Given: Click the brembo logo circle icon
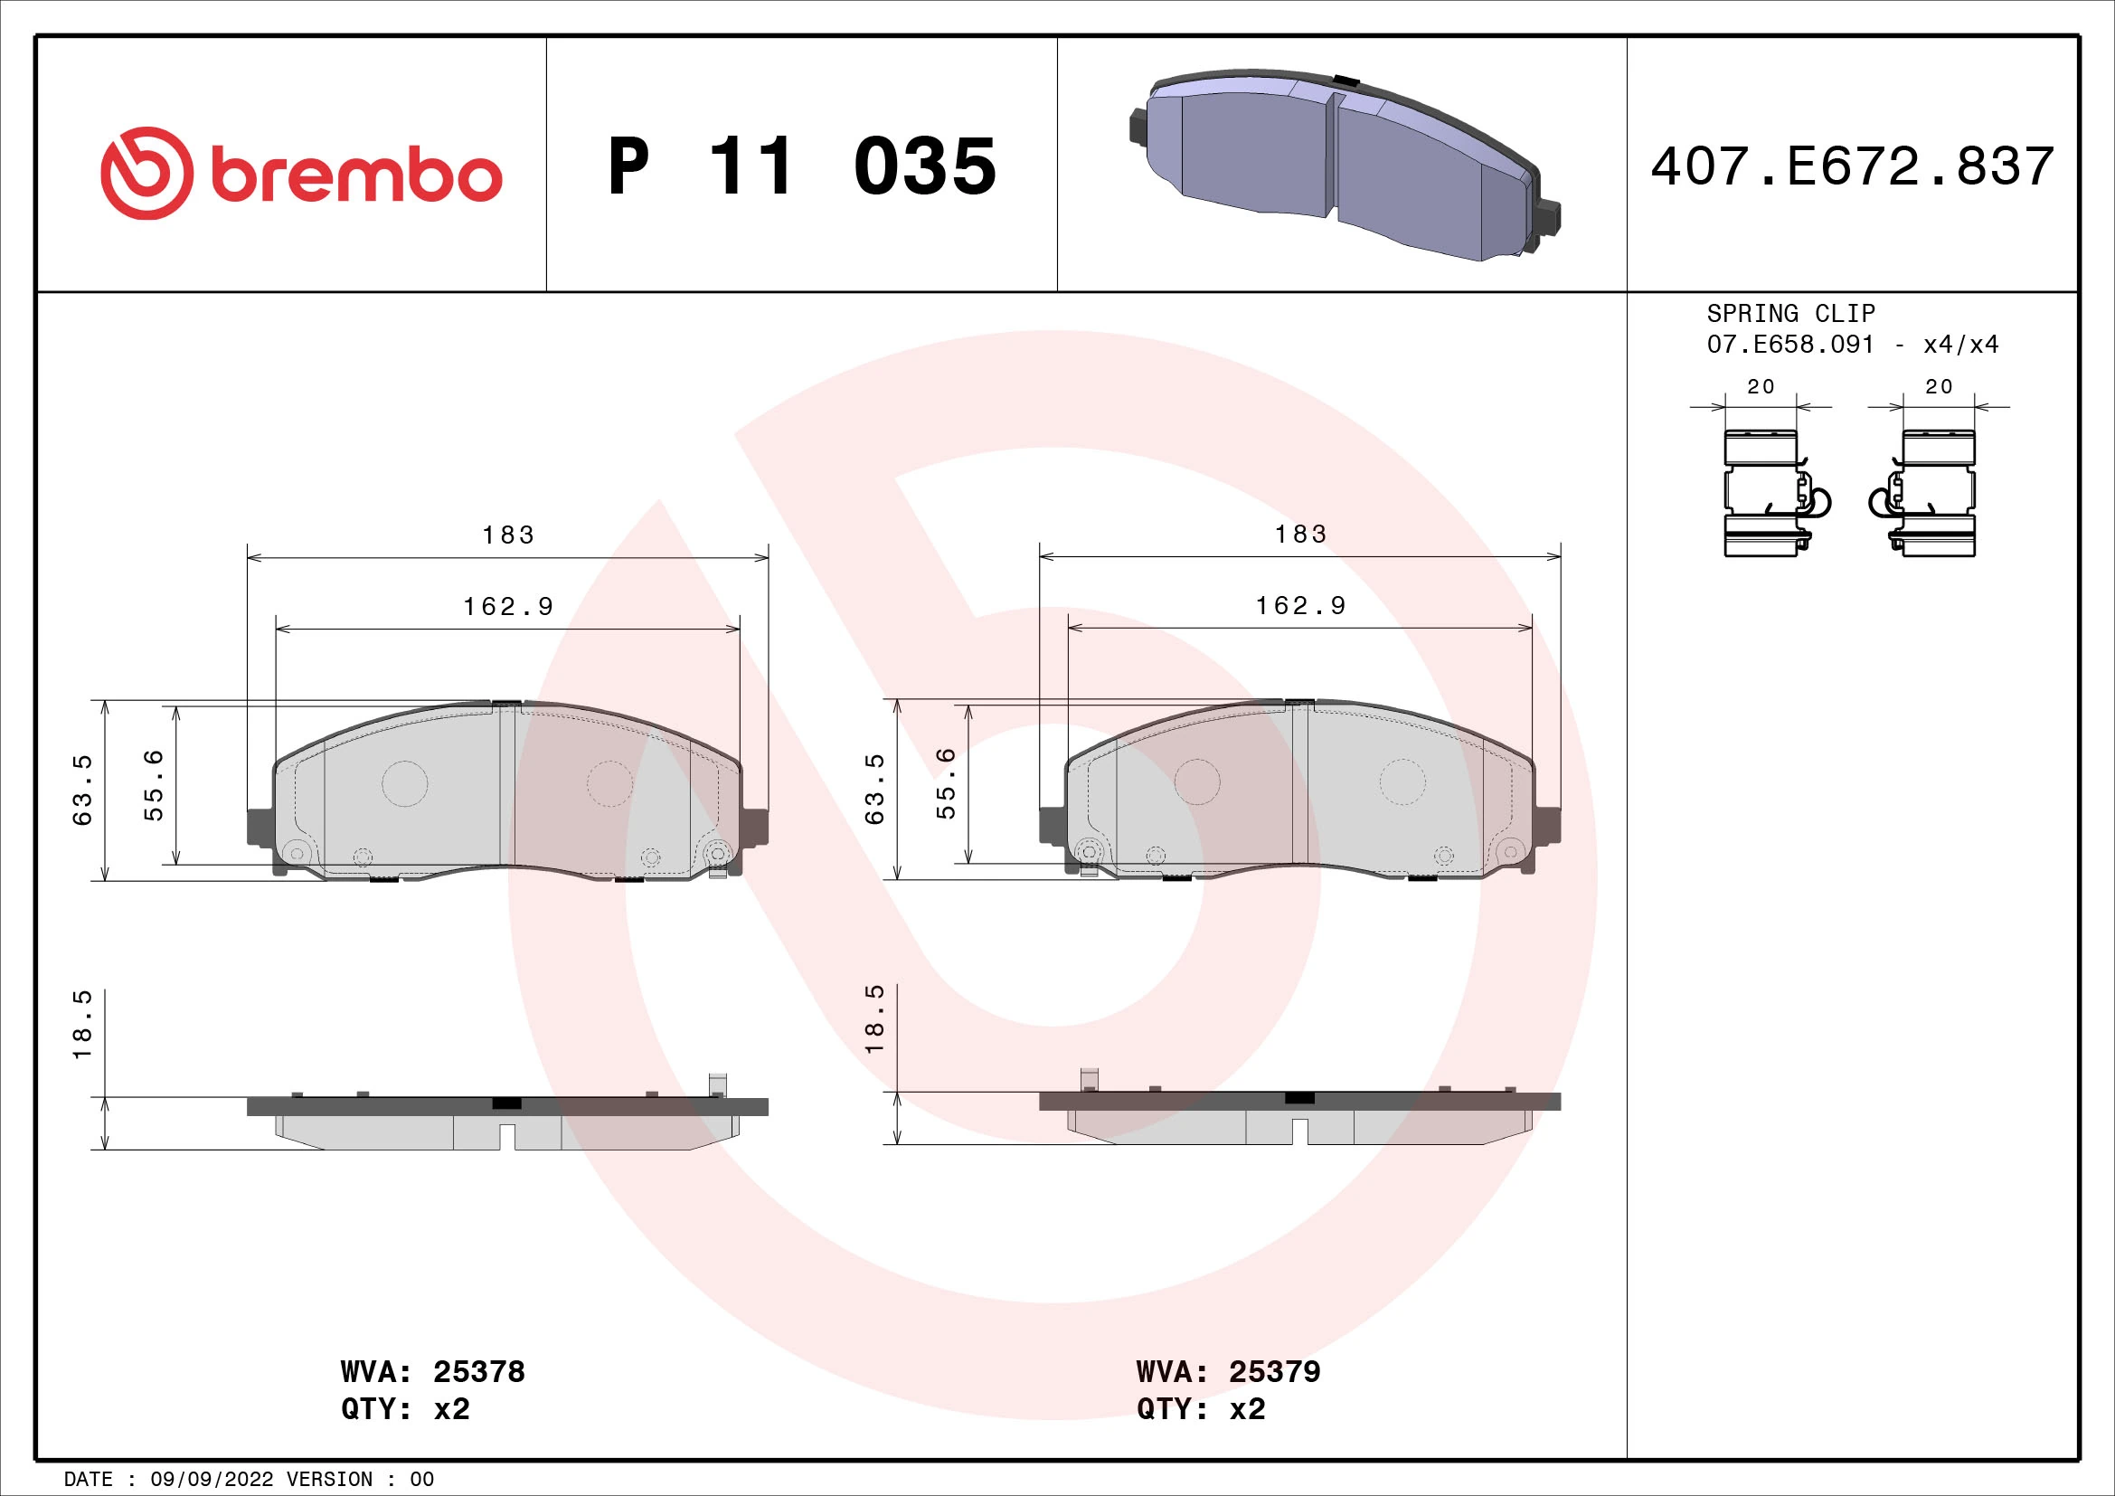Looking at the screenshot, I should click(x=147, y=173).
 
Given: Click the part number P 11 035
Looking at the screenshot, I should click(x=801, y=166).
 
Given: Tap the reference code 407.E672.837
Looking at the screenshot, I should click(x=1852, y=166).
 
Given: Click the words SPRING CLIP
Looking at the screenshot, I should click(x=1789, y=313).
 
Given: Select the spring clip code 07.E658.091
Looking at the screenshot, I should click(x=1789, y=345).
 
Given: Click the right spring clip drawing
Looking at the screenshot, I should click(x=1930, y=494).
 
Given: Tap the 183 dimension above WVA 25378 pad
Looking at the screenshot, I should click(x=507, y=535).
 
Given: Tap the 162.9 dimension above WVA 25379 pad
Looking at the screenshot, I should click(x=1300, y=606).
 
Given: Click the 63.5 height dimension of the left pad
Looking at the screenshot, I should click(x=83, y=790).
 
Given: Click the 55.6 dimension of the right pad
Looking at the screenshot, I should click(x=946, y=784).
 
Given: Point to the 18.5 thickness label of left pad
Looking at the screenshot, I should click(x=83, y=1026).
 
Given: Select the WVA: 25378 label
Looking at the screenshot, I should click(x=432, y=1372).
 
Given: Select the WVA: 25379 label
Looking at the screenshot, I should click(x=1228, y=1372).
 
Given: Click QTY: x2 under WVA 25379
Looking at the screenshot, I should click(x=1200, y=1409).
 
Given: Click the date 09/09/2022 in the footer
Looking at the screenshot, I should click(x=212, y=1480).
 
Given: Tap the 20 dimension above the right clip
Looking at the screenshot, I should click(x=1938, y=387).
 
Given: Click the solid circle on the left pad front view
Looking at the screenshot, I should click(x=404, y=784).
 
